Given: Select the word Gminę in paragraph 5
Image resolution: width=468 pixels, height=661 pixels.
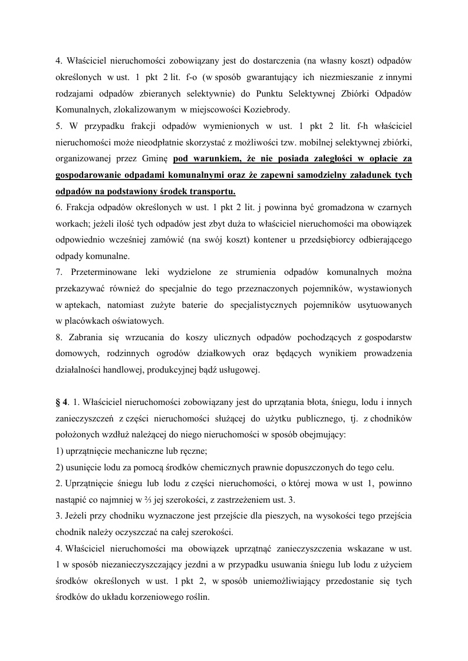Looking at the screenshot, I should [156, 159].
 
